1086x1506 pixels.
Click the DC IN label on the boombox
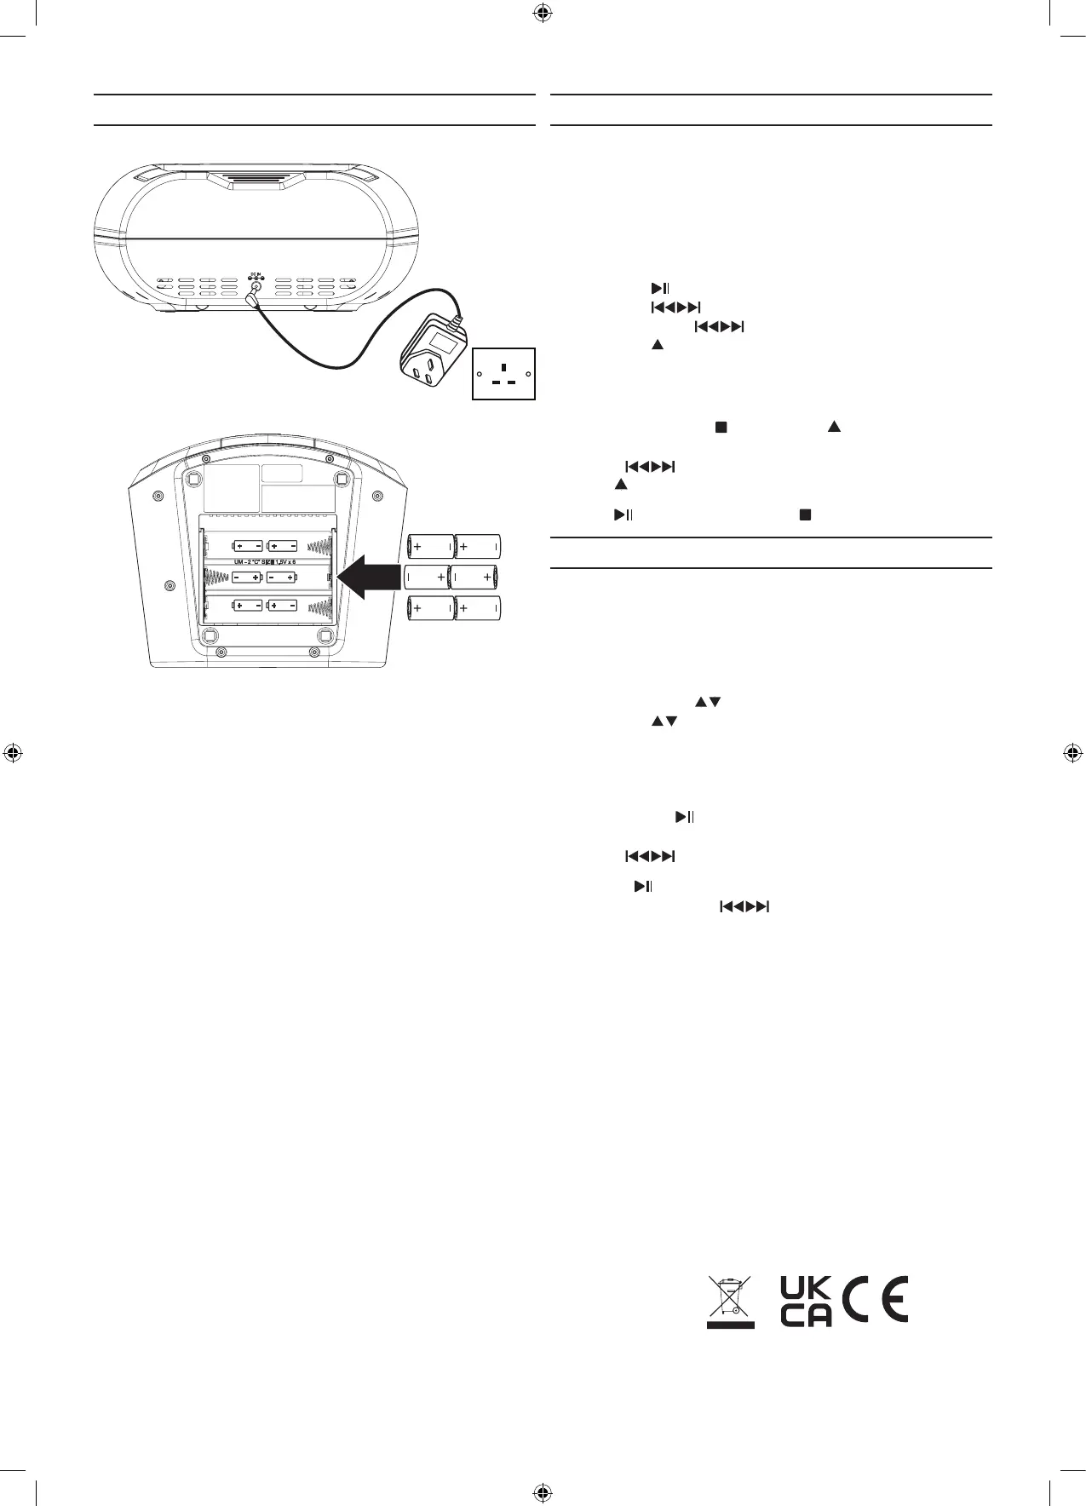254,275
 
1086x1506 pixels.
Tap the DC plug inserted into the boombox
253,298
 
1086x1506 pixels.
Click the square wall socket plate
504,373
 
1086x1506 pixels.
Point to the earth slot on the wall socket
504,367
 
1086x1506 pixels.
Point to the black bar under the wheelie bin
730,1324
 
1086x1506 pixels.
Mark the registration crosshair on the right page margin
1072,752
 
